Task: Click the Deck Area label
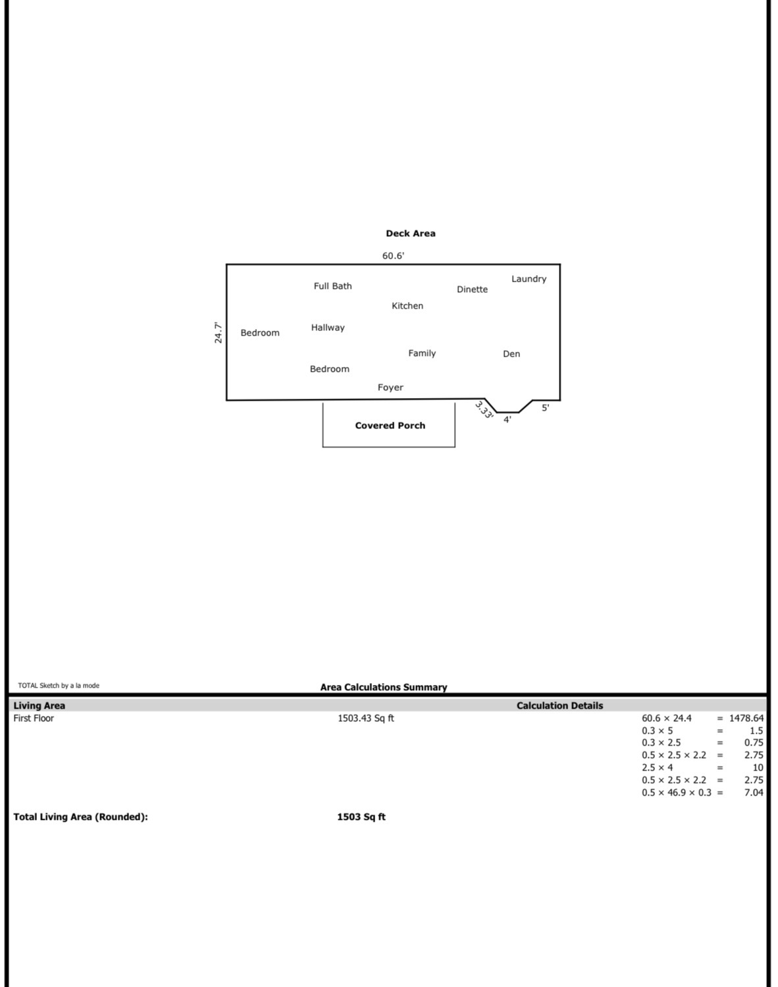[411, 234]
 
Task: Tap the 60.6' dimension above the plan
[394, 255]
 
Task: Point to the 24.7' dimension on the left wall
[219, 332]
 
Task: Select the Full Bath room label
[332, 286]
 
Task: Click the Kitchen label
[407, 306]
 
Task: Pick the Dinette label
[472, 290]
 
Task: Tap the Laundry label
[529, 279]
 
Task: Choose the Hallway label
[328, 328]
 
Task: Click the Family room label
[422, 353]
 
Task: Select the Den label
[511, 353]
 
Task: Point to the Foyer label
[390, 388]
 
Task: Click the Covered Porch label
[390, 426]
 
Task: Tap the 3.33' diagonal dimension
[484, 409]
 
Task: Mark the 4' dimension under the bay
[507, 420]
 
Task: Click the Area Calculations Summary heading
[384, 687]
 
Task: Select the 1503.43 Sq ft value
[366, 719]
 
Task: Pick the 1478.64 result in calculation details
[746, 719]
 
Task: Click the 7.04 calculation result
[754, 792]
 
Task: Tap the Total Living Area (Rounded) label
[81, 817]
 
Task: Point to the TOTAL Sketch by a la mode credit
[59, 686]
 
